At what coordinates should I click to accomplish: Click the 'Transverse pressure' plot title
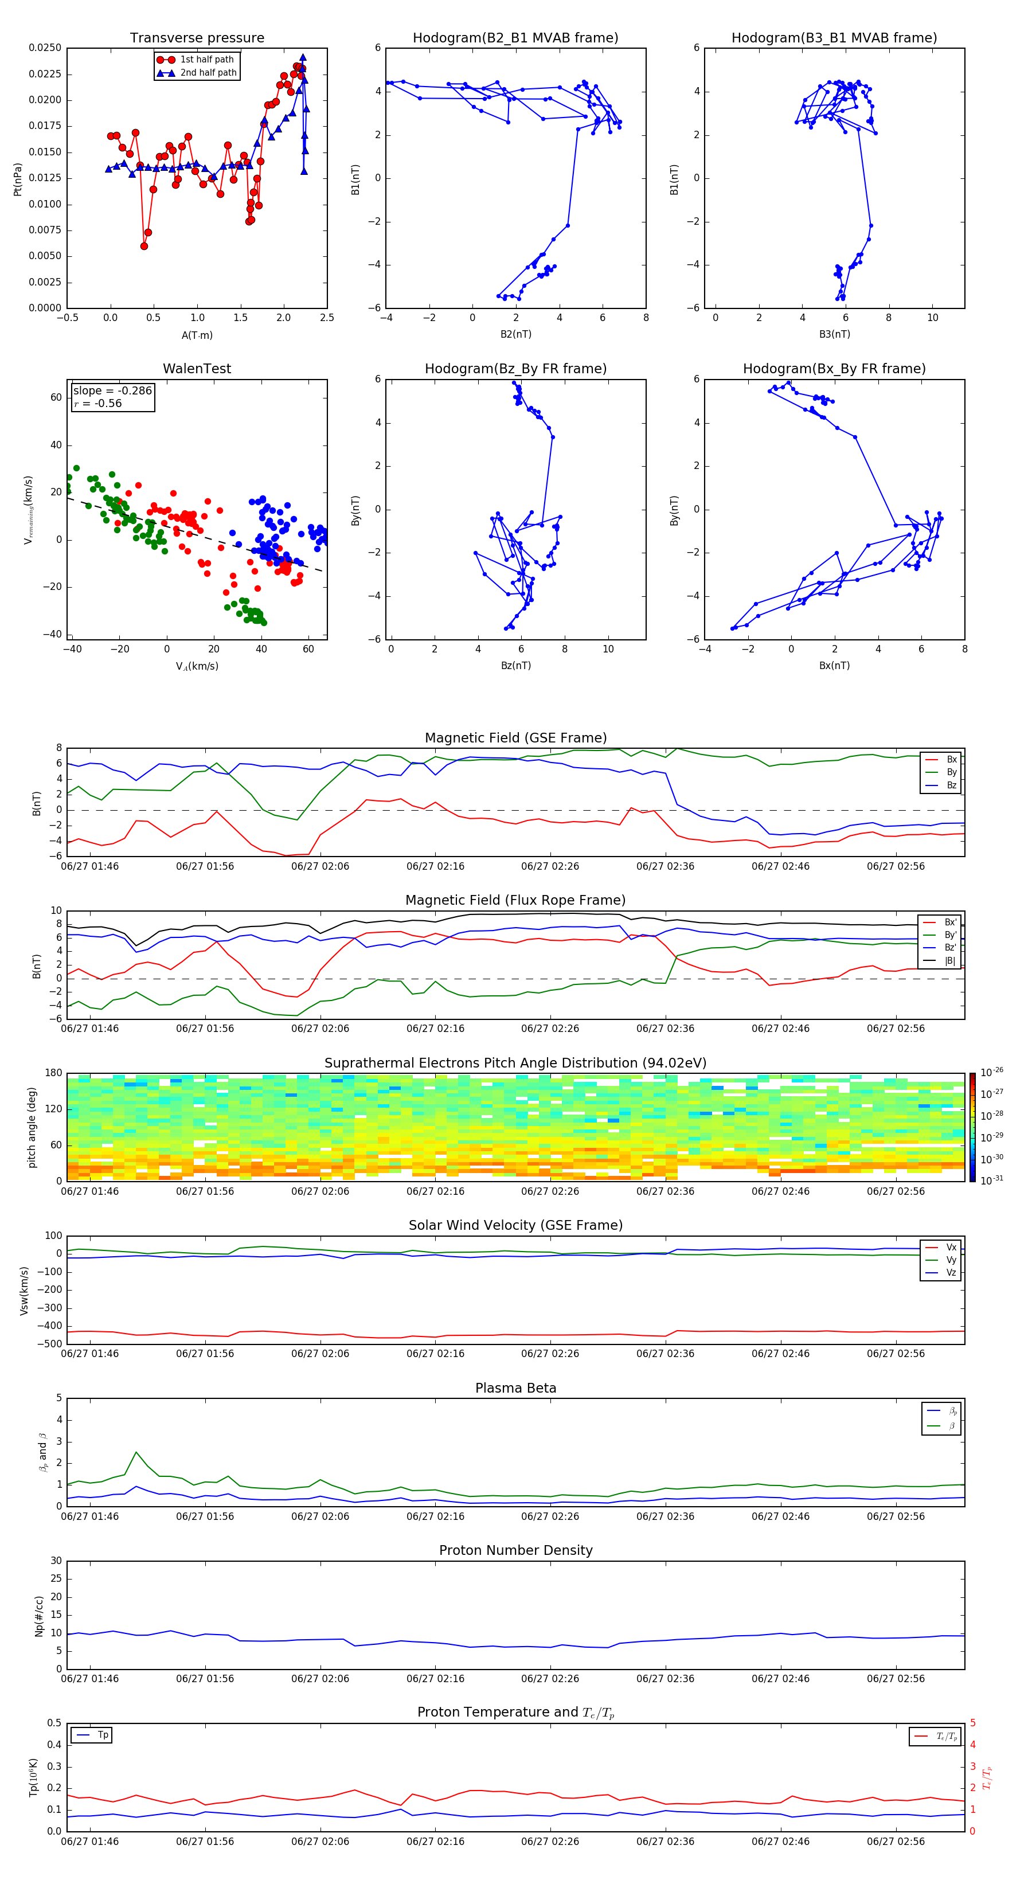(x=197, y=38)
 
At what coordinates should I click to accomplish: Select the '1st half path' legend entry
(x=206, y=60)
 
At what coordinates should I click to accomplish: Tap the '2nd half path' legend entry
(x=208, y=73)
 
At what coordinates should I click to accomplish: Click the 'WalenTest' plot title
(x=197, y=369)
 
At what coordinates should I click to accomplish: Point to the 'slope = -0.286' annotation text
(x=112, y=391)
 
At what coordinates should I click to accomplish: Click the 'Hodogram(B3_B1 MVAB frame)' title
(x=834, y=38)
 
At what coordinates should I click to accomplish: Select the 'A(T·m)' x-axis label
(x=197, y=335)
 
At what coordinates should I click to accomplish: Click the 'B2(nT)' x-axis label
(x=515, y=334)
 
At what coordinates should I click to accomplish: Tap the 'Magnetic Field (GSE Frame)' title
(x=515, y=738)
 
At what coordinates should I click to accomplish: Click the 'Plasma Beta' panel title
(x=515, y=1388)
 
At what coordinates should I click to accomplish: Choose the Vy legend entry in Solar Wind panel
(x=951, y=1260)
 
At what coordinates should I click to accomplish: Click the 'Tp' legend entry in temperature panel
(x=102, y=1735)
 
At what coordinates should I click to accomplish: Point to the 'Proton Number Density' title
(x=515, y=1550)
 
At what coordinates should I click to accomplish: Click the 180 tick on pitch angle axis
(x=54, y=1073)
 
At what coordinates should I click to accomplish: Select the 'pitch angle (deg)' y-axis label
(x=32, y=1127)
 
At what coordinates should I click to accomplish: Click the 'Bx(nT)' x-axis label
(x=834, y=666)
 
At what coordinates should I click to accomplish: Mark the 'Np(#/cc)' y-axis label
(x=39, y=1616)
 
